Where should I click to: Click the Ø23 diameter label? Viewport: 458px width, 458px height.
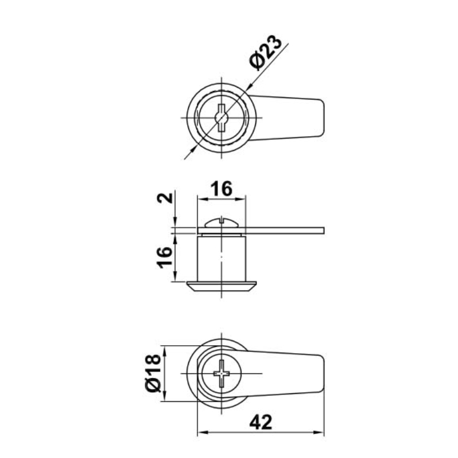[x=266, y=53]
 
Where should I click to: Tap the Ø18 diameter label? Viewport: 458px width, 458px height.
[x=153, y=373]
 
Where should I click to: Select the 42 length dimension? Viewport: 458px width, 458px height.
[x=260, y=422]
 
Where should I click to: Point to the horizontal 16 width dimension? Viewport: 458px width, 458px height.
[x=222, y=189]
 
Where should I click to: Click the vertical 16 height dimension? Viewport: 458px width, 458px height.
[x=164, y=257]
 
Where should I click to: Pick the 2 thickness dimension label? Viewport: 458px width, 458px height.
[x=164, y=198]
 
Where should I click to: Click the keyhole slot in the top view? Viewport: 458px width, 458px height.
[x=222, y=118]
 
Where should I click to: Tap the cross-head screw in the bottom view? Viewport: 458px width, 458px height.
[x=222, y=373]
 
